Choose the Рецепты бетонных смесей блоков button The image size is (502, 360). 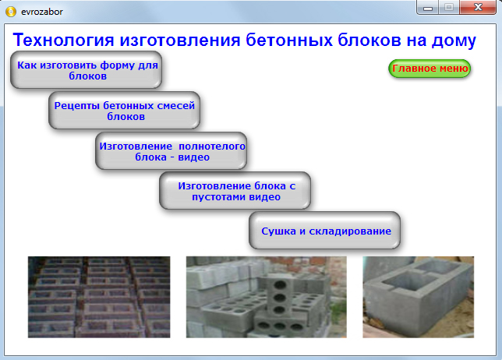click(125, 111)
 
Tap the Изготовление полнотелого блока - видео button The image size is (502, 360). click(171, 151)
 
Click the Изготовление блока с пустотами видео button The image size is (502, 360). click(235, 192)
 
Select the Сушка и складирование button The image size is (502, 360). click(325, 231)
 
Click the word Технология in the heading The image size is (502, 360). click(62, 41)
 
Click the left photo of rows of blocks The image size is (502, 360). click(99, 297)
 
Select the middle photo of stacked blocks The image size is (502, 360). click(266, 297)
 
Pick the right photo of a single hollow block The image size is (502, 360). click(418, 297)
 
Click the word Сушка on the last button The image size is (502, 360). click(278, 231)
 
